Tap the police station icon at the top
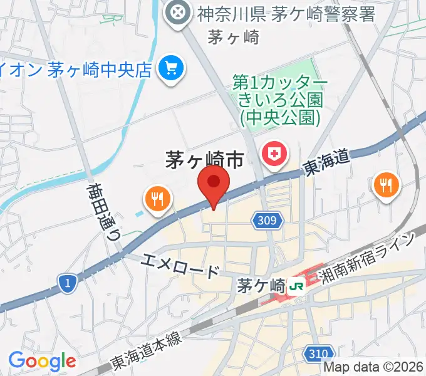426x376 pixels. [179, 12]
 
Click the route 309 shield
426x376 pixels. [269, 220]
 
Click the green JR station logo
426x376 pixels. [296, 286]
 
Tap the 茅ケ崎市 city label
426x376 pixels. [204, 161]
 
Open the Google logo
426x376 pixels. [42, 360]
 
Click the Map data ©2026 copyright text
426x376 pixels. [374, 368]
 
